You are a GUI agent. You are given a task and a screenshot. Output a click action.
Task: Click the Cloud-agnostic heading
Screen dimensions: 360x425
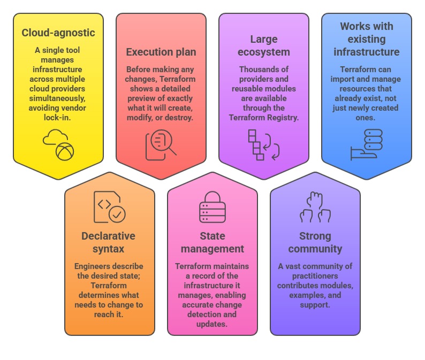(x=58, y=33)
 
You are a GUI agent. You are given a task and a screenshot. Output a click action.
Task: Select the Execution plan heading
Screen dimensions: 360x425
(x=161, y=52)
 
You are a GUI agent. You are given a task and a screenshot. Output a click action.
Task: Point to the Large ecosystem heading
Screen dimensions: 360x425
(x=263, y=45)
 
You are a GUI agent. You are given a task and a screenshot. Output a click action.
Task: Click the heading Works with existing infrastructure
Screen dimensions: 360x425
(x=367, y=39)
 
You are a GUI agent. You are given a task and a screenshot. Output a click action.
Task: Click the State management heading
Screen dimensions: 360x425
(x=212, y=242)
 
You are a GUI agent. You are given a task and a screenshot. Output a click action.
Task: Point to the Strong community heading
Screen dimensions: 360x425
(x=315, y=242)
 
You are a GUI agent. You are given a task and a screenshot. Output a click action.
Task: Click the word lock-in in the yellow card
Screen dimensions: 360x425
(x=58, y=117)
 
